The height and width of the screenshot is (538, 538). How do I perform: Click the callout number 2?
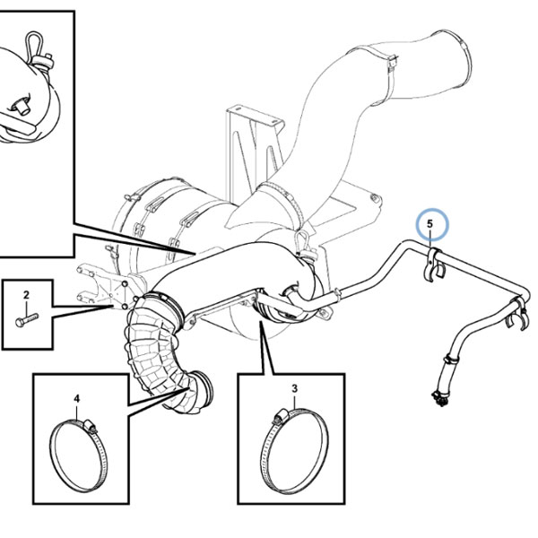point(26,295)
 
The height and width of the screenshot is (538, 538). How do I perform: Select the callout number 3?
point(295,389)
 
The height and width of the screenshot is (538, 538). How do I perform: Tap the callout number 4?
point(77,399)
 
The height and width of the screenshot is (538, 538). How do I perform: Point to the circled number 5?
point(430,224)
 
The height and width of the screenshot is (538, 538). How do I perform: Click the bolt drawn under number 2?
point(27,320)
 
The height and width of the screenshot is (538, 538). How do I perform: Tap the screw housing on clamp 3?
point(280,416)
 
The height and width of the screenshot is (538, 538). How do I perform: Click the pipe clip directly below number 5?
point(433,263)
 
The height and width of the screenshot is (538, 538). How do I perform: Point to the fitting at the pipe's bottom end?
point(438,399)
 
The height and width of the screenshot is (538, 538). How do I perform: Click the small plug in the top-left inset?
point(20,108)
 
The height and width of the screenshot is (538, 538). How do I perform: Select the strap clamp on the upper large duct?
point(391,74)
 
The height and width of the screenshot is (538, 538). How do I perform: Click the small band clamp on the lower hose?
point(451,360)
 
